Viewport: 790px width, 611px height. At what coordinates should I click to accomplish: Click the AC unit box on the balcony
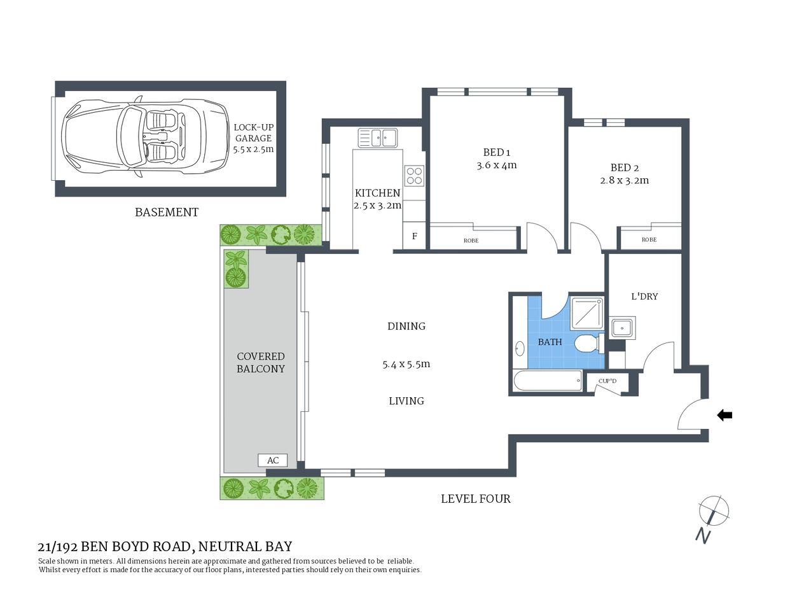tap(272, 460)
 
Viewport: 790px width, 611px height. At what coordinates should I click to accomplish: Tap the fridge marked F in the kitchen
tap(414, 236)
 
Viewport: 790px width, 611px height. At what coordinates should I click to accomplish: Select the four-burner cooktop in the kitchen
tap(414, 175)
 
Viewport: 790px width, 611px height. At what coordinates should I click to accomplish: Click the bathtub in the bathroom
tap(548, 382)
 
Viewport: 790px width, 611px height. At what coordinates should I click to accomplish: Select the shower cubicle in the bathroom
tap(587, 313)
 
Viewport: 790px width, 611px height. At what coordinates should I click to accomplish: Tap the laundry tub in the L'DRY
tap(621, 328)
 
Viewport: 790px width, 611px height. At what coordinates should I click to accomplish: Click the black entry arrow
tap(724, 416)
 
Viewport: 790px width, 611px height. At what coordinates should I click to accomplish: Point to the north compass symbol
tap(713, 512)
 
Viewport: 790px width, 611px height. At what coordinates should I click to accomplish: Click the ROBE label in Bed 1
tap(471, 241)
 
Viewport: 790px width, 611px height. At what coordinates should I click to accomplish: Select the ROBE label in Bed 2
tap(649, 240)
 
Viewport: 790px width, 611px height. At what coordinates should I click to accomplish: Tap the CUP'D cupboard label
tap(607, 381)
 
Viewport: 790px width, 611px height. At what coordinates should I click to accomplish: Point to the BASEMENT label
tap(167, 213)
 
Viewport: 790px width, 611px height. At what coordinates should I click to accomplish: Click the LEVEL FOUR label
tap(476, 499)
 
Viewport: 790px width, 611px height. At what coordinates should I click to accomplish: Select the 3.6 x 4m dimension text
tap(496, 165)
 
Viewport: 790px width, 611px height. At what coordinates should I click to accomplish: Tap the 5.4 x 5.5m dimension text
tap(406, 365)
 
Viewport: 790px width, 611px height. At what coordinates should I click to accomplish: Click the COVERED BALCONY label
tap(261, 363)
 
